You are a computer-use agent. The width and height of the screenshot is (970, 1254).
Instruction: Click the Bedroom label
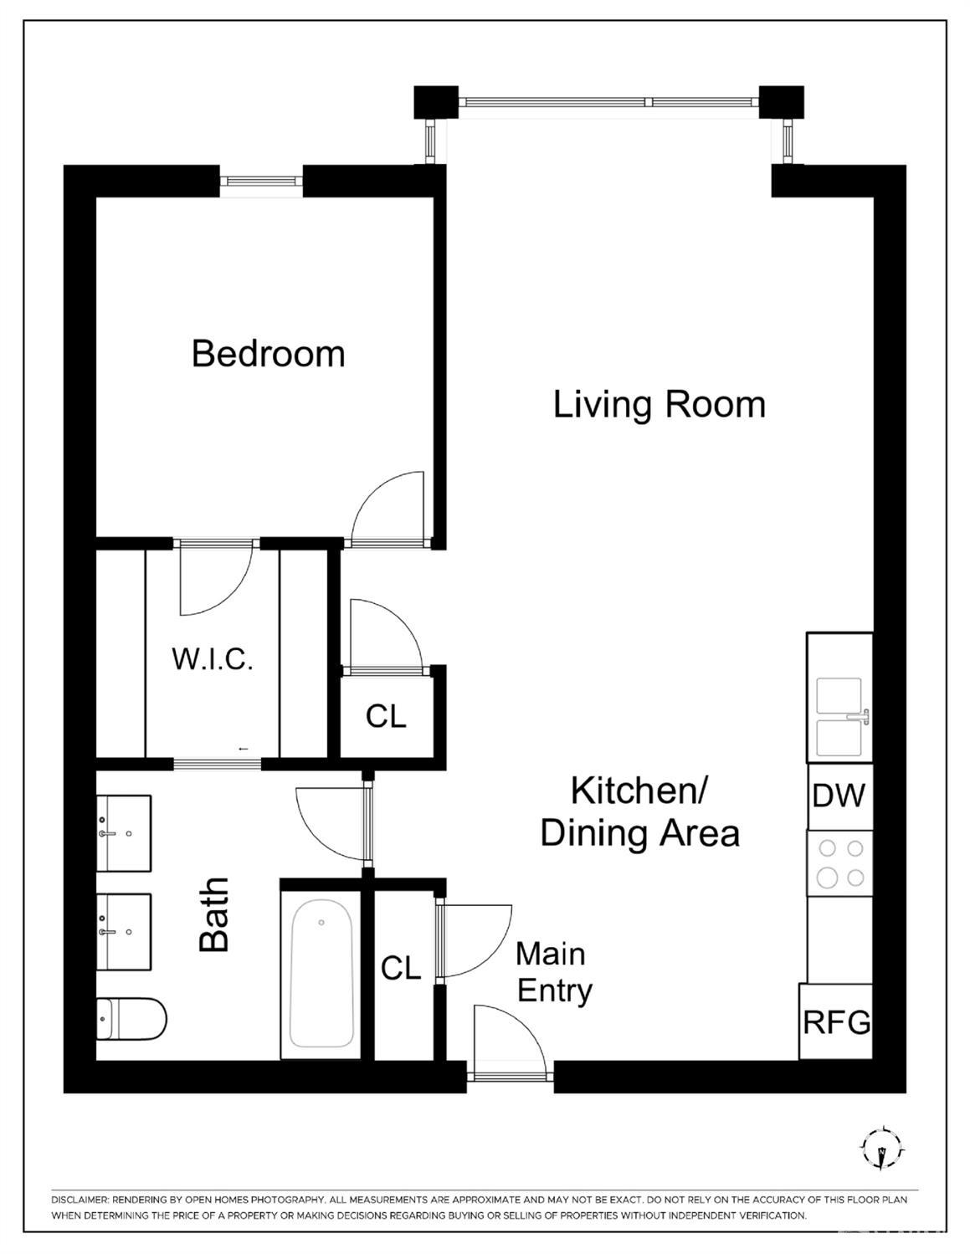268,354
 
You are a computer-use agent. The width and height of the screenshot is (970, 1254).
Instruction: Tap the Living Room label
659,404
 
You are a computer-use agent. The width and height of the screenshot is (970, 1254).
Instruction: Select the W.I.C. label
213,659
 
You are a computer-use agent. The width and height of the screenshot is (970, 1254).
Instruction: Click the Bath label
214,914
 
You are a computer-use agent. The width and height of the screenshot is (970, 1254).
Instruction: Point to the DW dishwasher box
839,796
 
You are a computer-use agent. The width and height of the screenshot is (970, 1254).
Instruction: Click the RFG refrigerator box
836,1021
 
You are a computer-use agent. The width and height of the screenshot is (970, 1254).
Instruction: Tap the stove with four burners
840,862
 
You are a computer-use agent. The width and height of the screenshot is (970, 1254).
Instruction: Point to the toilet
131,1018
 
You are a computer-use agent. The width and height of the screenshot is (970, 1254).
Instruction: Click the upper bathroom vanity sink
124,833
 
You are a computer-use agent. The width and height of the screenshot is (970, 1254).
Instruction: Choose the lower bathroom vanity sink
124,931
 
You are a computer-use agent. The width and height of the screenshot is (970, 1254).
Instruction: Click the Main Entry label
552,972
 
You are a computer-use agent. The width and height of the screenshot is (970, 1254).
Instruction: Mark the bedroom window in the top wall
261,182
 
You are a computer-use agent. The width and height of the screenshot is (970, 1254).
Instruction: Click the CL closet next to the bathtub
401,968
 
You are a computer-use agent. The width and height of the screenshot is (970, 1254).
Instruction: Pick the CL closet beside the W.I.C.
386,716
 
